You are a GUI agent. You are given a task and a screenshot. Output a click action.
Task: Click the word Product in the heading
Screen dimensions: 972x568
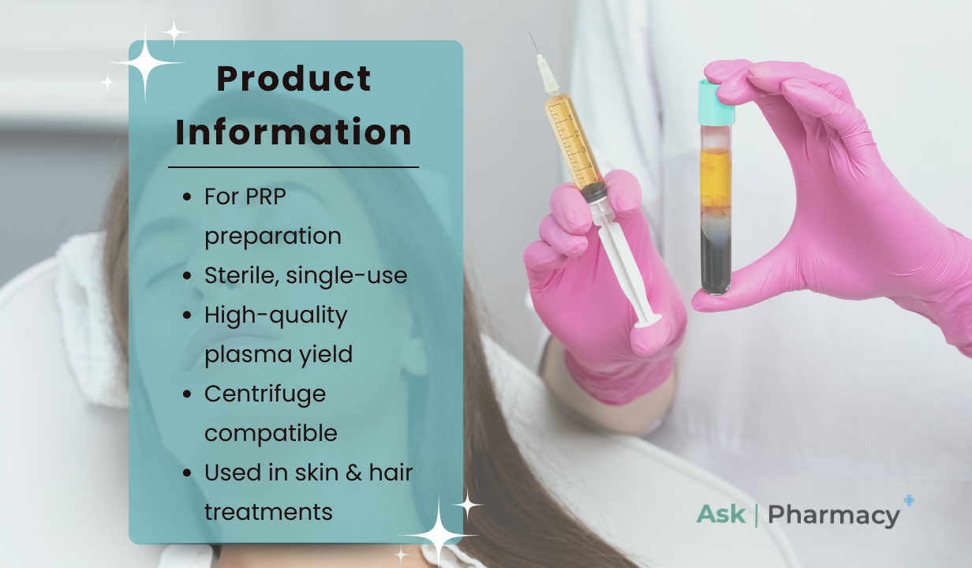tap(293, 79)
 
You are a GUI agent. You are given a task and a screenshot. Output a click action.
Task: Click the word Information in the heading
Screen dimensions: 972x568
tap(293, 132)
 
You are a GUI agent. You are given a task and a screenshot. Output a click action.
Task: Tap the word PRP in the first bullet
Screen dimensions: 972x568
tap(265, 196)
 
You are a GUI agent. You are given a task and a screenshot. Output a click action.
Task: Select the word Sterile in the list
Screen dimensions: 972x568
tap(241, 275)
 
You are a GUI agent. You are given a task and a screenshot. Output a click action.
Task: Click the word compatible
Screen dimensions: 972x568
tap(271, 433)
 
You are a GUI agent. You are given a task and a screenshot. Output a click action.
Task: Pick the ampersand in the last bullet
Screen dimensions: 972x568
tap(353, 473)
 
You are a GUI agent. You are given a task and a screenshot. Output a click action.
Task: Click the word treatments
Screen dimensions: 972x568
tap(268, 513)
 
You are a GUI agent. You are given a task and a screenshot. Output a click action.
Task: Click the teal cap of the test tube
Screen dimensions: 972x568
tap(716, 102)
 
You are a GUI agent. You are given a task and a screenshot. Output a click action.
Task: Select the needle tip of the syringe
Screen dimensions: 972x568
tap(530, 33)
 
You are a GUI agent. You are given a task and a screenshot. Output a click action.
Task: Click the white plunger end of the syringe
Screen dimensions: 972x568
tap(647, 322)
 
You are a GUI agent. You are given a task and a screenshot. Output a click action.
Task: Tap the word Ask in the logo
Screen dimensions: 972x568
tap(720, 514)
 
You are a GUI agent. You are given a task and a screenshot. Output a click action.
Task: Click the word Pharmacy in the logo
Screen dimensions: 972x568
tap(834, 515)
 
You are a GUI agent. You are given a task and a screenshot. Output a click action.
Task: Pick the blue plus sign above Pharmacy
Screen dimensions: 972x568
tap(909, 500)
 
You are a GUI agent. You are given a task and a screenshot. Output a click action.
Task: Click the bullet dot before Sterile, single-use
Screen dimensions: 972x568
tap(187, 276)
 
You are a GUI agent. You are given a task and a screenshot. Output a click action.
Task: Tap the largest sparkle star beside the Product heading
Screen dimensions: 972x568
tap(145, 63)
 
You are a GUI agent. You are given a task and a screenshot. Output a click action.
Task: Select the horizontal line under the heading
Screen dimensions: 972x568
tap(293, 166)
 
